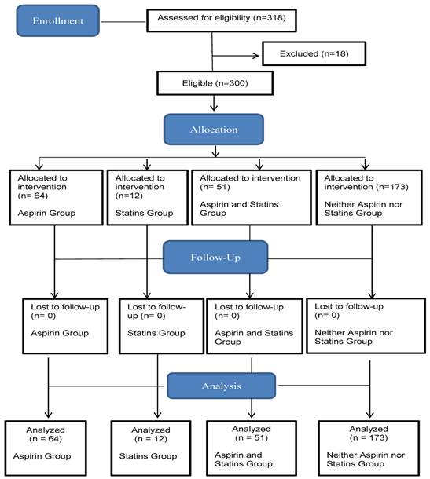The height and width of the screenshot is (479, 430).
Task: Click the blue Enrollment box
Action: pyautogui.click(x=58, y=20)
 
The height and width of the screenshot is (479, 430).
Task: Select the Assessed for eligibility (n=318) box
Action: pyautogui.click(x=222, y=20)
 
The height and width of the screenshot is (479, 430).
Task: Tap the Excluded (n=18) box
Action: pyautogui.click(x=314, y=53)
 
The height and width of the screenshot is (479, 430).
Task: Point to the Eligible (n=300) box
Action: pyautogui.click(x=215, y=83)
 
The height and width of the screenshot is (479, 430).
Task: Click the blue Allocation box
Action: pyautogui.click(x=214, y=130)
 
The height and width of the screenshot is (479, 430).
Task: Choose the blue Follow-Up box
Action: pyautogui.click(x=215, y=258)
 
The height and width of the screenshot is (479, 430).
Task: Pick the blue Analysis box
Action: pyautogui.click(x=222, y=386)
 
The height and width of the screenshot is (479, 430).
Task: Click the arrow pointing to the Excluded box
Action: pyautogui.click(x=236, y=56)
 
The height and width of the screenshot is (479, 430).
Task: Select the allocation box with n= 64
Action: pyautogui.click(x=57, y=198)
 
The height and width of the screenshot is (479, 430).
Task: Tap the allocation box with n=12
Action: pyautogui.click(x=148, y=198)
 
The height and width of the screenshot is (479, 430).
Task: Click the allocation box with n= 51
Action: pyautogui.click(x=252, y=198)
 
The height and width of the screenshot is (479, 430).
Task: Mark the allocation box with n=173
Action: pyautogui.click(x=369, y=198)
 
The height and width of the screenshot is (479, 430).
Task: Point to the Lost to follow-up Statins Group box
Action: pyautogui.click(x=161, y=326)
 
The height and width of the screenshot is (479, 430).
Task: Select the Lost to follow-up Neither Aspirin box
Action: pyautogui.click(x=366, y=326)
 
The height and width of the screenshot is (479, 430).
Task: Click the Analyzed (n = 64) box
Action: pyautogui.click(x=46, y=448)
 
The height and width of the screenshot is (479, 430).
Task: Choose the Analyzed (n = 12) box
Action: pyautogui.click(x=151, y=448)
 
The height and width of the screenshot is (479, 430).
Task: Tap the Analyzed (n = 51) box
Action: pyautogui.click(x=252, y=448)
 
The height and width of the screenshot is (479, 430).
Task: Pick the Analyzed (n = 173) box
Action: pyautogui.click(x=369, y=448)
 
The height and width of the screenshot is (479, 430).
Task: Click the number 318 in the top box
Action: pyautogui.click(x=274, y=18)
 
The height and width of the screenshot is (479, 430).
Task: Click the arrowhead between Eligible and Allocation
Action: pyautogui.click(x=214, y=108)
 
